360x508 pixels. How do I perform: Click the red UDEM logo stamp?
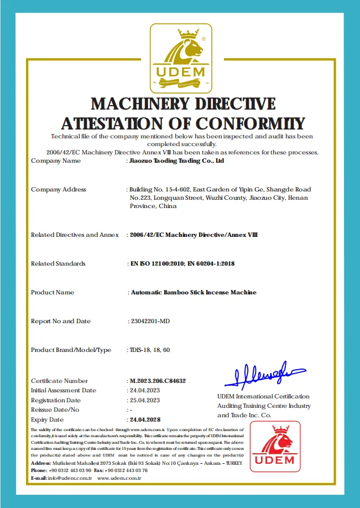[x=275, y=447]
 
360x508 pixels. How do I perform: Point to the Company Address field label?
[x=59, y=190]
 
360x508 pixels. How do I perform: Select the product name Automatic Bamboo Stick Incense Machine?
[x=193, y=292]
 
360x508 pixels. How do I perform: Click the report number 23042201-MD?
[x=149, y=321]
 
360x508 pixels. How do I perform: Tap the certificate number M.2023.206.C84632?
[x=157, y=381]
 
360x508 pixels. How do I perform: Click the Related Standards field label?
[x=58, y=264]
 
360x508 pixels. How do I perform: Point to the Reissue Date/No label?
[x=55, y=409]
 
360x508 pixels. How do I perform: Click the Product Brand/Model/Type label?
[x=71, y=350]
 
